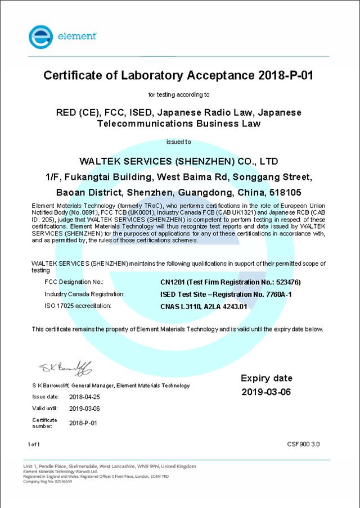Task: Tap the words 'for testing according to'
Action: pyautogui.click(x=179, y=94)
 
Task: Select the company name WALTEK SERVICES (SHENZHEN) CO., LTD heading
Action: pyautogui.click(x=179, y=161)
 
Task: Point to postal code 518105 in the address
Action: pyautogui.click(x=296, y=192)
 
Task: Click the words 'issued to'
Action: pyautogui.click(x=179, y=142)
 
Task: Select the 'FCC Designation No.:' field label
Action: pyautogui.click(x=74, y=282)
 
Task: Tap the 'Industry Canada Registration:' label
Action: pyautogui.click(x=84, y=294)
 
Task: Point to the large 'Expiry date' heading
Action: pyautogui.click(x=267, y=378)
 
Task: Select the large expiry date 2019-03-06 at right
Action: pyautogui.click(x=267, y=392)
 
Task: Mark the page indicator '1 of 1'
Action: pyautogui.click(x=34, y=444)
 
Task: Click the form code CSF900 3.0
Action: pyautogui.click(x=303, y=444)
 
